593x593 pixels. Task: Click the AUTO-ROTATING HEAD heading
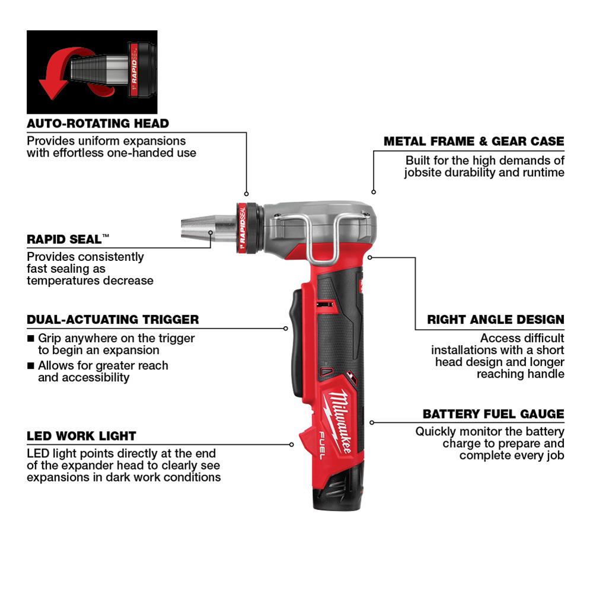coord(98,124)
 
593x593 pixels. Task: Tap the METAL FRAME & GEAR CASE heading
coord(474,142)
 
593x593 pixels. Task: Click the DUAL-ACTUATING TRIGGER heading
coord(113,320)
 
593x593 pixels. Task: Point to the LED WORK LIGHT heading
coord(81,436)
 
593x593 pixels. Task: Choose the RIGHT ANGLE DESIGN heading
coord(496,320)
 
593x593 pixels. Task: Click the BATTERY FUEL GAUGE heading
coord(493,414)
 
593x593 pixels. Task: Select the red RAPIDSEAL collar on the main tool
coord(242,228)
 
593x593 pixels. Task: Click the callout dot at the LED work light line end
coord(292,444)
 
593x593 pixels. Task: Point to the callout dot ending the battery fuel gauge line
coord(372,422)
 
